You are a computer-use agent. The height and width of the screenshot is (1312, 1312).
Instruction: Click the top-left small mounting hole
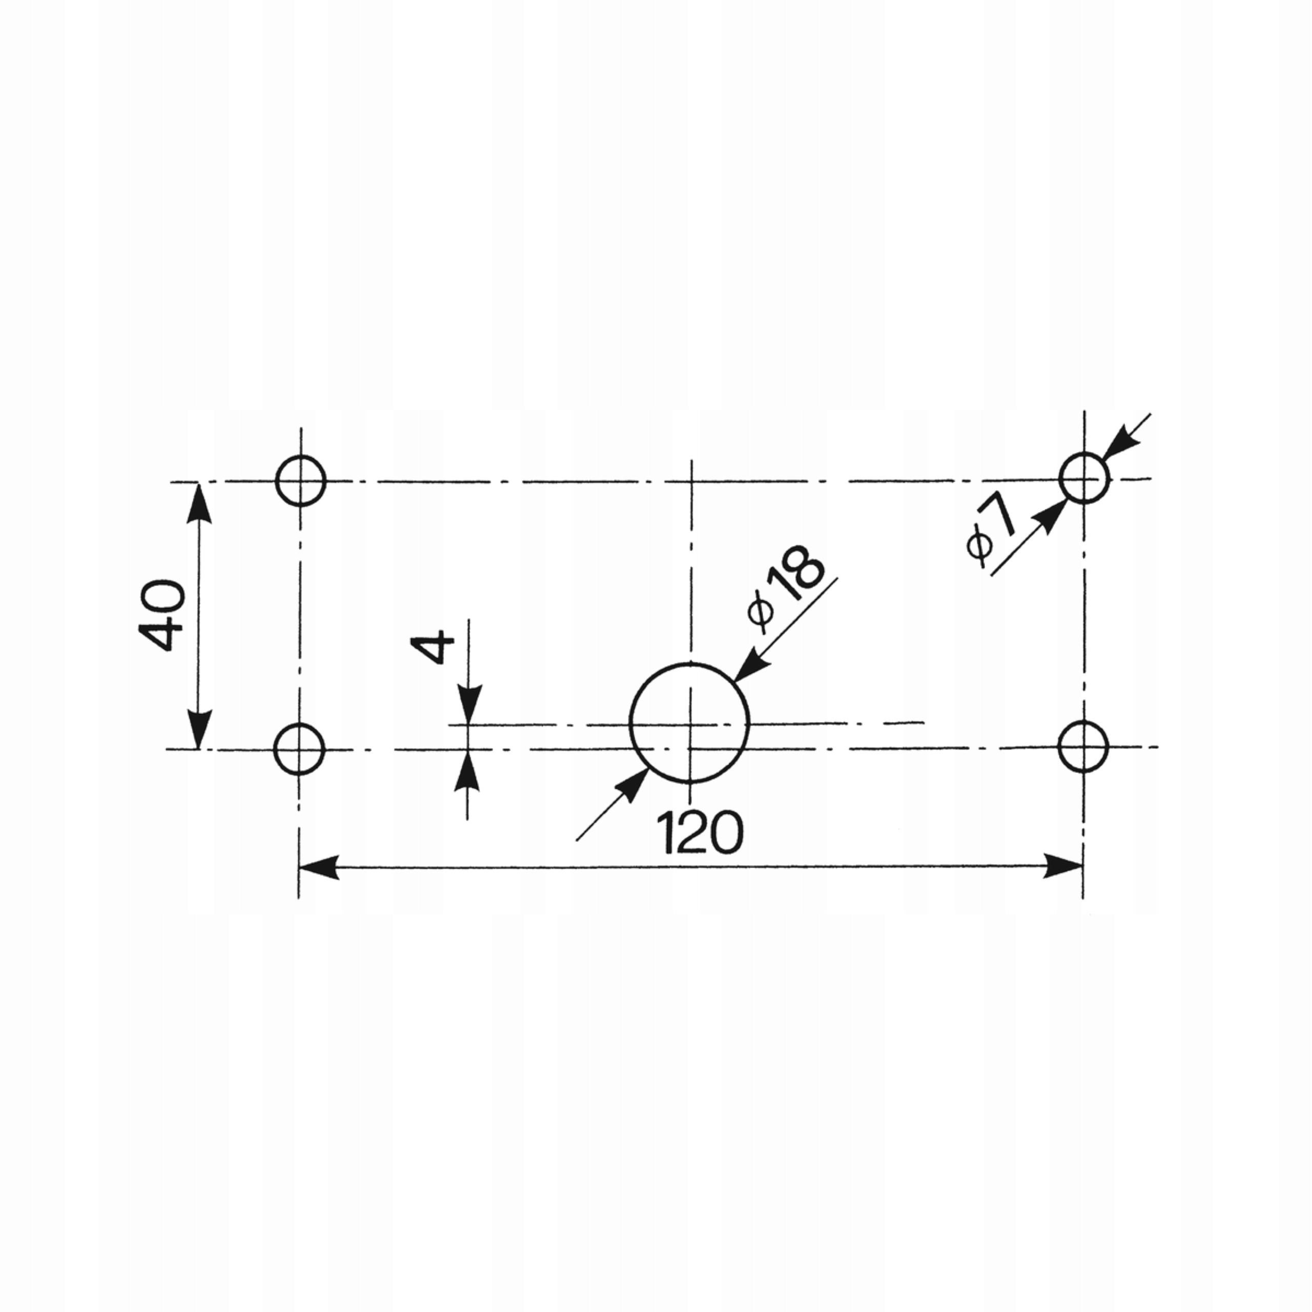coord(301,481)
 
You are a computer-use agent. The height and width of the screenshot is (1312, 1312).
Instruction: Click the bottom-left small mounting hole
coord(299,749)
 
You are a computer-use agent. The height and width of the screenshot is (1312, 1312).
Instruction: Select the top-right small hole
coord(1084,479)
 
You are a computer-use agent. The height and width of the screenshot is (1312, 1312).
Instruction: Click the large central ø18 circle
coord(689,723)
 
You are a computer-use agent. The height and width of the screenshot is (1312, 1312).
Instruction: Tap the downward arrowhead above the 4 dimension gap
coord(468,705)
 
